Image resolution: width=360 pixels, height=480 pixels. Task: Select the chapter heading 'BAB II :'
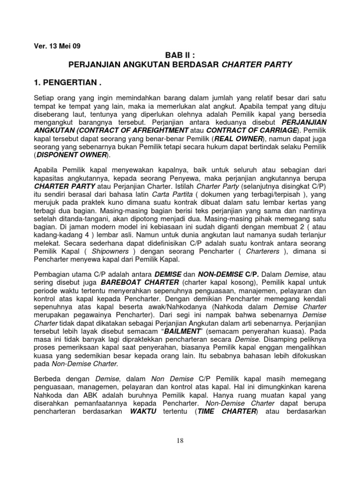point(180,54)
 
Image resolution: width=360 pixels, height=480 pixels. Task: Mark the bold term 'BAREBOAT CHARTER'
point(140,283)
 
